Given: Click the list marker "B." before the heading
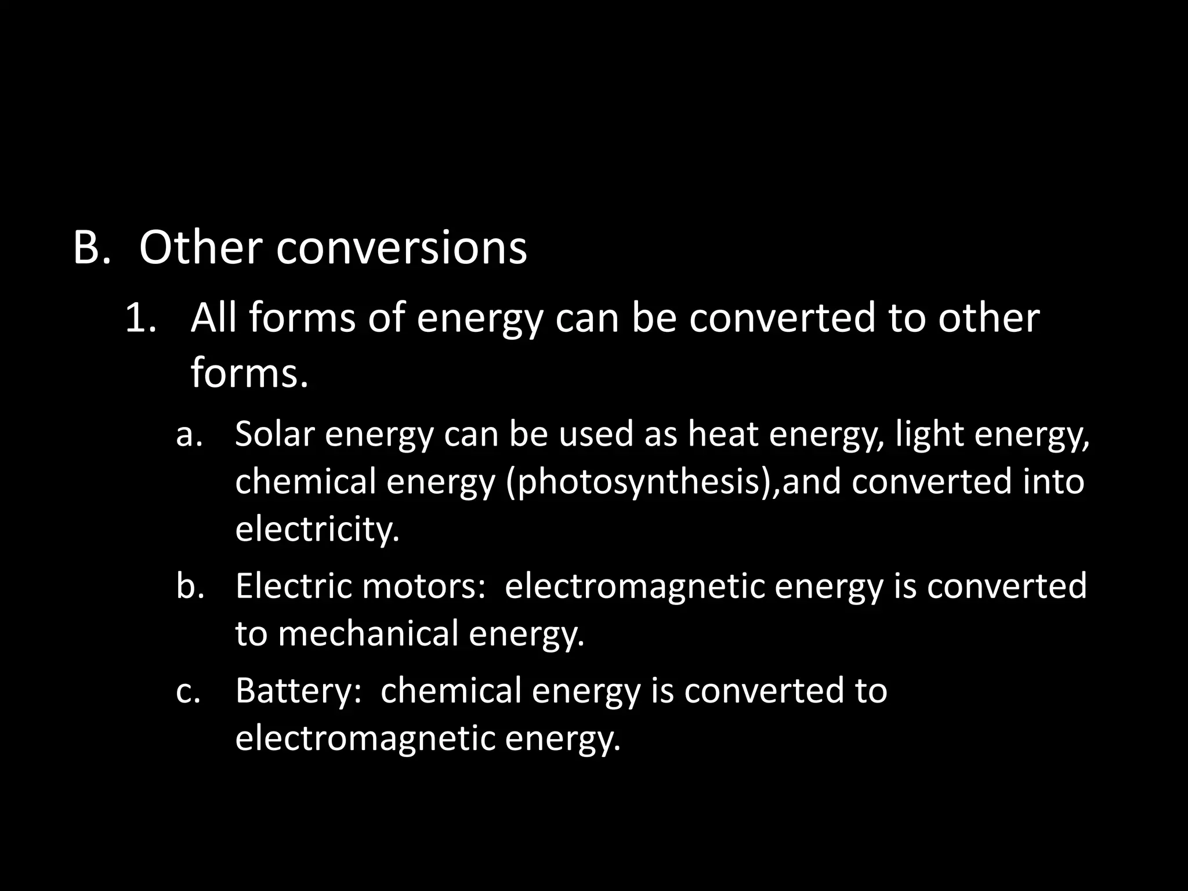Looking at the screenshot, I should [x=92, y=248].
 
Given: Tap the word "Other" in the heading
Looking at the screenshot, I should [x=200, y=248].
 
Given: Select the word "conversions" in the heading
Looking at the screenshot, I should [x=401, y=248].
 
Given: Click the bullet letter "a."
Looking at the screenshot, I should [x=189, y=434].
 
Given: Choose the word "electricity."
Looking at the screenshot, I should [x=317, y=529].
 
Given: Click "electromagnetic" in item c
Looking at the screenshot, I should [x=365, y=738].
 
